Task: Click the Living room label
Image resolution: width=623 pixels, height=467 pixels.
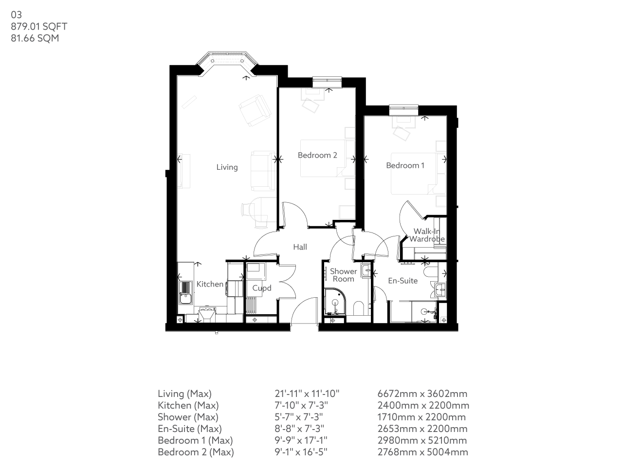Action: pos(227,167)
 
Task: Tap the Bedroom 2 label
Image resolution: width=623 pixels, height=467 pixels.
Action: pos(317,155)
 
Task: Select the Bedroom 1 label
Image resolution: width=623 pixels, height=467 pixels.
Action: pos(405,165)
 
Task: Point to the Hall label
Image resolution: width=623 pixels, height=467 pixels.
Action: pos(300,247)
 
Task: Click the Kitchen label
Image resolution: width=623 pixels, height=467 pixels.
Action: pos(210,284)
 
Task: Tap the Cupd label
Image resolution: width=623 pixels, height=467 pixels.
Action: pos(261,288)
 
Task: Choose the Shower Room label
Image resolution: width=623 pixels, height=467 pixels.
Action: pos(343,275)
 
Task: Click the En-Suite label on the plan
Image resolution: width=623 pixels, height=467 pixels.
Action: pos(403,281)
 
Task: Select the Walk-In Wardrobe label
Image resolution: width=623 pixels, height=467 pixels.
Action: pos(427,235)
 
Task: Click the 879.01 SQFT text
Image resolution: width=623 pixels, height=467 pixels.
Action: pos(39,27)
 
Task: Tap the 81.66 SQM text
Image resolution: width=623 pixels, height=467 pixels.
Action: pos(35,38)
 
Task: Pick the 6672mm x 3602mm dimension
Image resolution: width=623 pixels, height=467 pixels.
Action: pos(422,394)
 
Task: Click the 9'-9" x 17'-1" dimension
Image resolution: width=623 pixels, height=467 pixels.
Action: pos(301,440)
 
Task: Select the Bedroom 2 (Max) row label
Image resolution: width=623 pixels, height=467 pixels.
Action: pos(196,452)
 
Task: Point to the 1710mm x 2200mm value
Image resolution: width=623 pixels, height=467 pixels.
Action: pos(421,417)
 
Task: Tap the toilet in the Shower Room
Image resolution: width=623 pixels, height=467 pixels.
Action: pos(359,308)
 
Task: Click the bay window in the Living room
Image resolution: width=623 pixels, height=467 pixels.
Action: pos(227,61)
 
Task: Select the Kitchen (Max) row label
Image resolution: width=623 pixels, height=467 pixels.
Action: pos(188,405)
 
